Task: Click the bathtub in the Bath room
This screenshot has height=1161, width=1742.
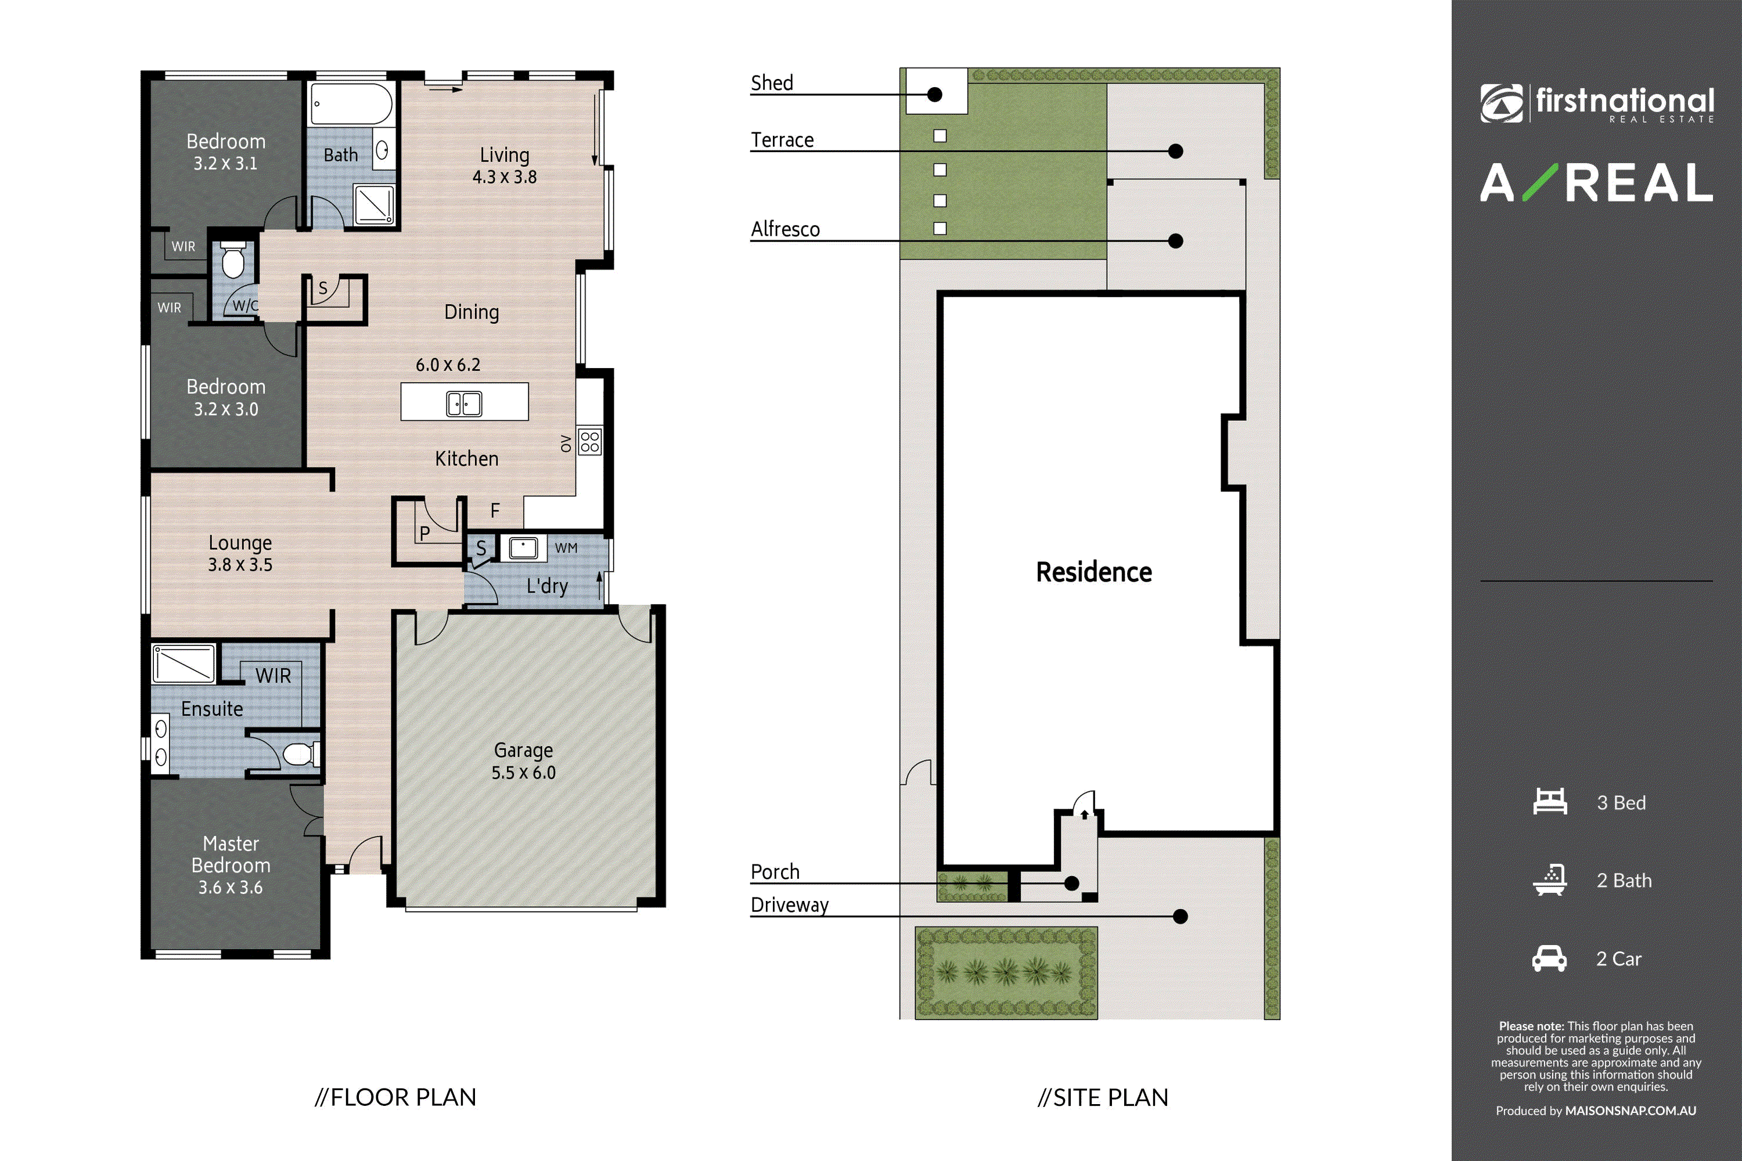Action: click(x=351, y=104)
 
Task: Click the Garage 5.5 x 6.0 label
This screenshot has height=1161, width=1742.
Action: click(x=524, y=761)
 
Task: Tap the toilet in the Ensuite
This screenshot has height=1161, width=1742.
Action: click(x=301, y=753)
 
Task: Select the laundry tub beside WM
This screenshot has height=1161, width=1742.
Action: click(x=523, y=549)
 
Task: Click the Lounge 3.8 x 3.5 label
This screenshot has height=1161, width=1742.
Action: click(x=240, y=553)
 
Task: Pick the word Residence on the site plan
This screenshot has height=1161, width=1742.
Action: click(x=1094, y=572)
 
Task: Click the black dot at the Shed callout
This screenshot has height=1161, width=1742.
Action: click(x=935, y=95)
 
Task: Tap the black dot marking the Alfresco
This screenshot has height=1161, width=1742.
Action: click(x=1175, y=241)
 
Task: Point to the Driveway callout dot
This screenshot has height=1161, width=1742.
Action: click(x=1180, y=917)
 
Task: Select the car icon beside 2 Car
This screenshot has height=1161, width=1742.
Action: click(x=1549, y=958)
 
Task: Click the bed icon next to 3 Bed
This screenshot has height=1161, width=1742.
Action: click(x=1550, y=802)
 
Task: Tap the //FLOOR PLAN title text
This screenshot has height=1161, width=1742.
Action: click(x=395, y=1097)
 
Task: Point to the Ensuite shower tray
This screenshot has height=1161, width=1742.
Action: click(x=183, y=664)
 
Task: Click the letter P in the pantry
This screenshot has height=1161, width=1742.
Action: click(x=424, y=533)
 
